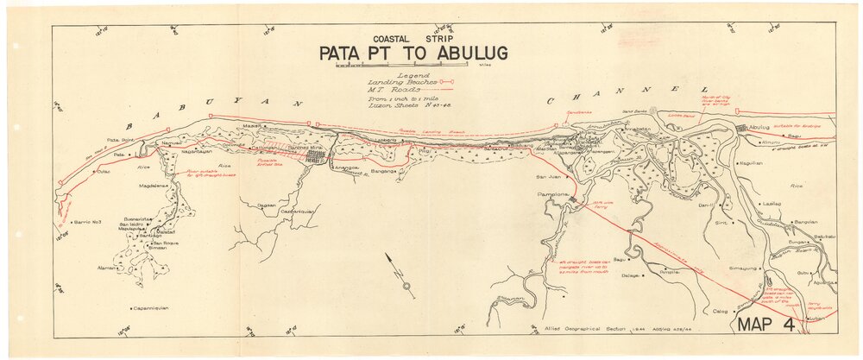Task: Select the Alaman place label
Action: (108, 268)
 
